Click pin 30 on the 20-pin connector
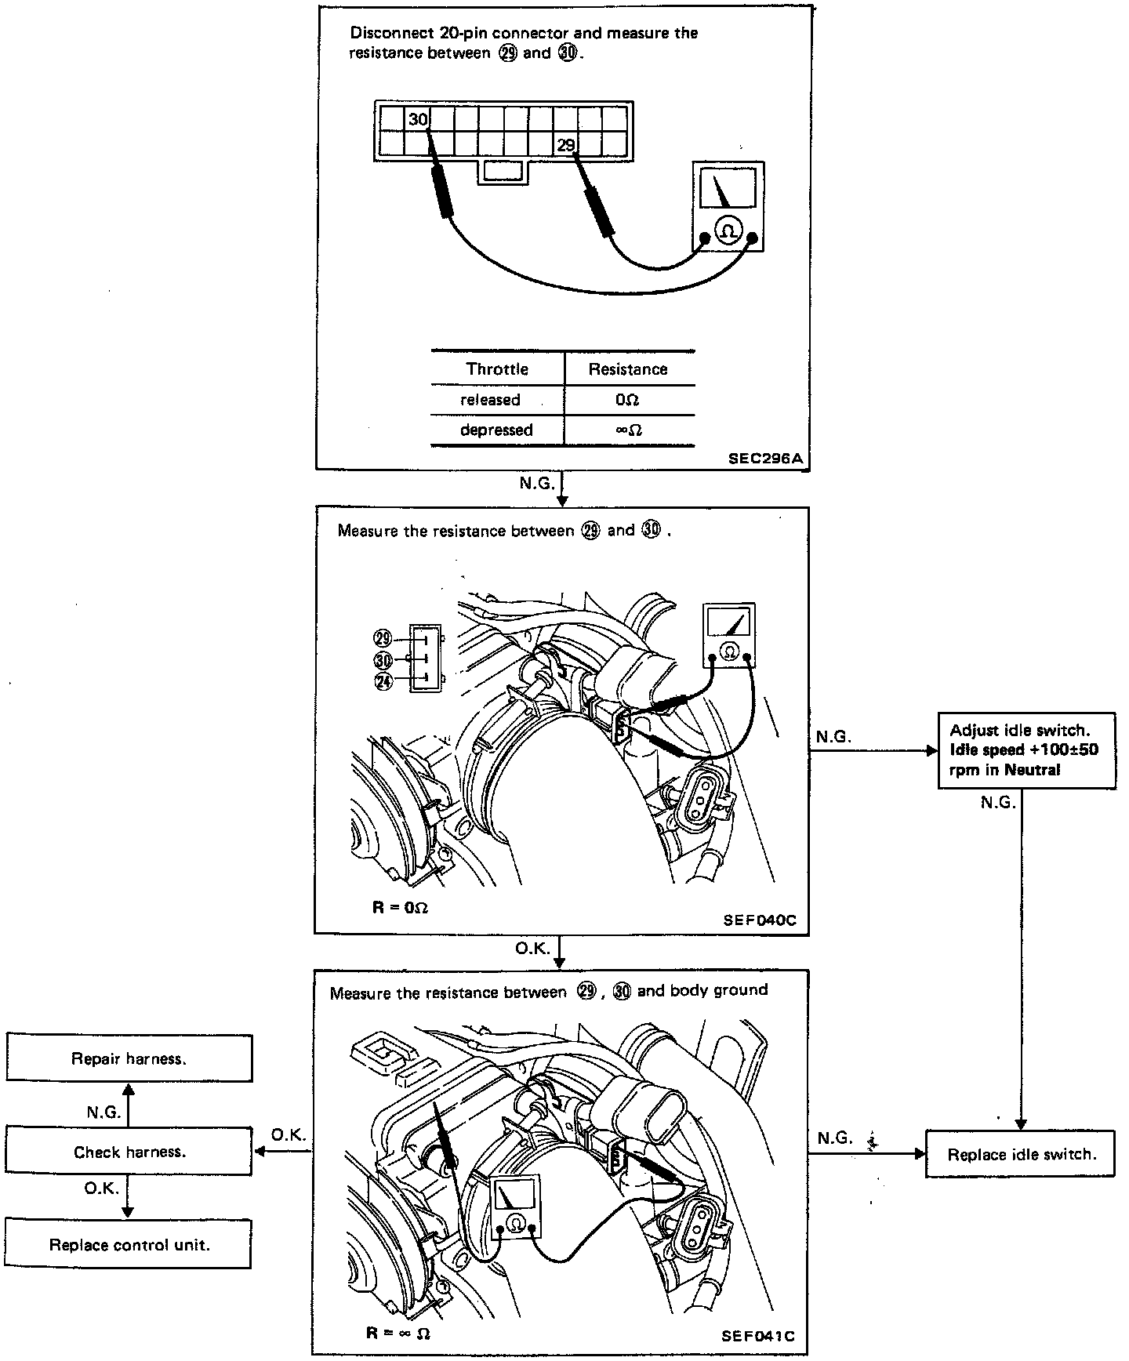pyautogui.click(x=418, y=120)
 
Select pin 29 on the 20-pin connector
pyautogui.click(x=565, y=144)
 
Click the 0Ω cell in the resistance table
pyautogui.click(x=628, y=400)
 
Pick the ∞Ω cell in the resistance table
pyautogui.click(x=628, y=430)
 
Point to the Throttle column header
pyautogui.click(x=497, y=369)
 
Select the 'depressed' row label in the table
pyautogui.click(x=496, y=430)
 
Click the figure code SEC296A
pyautogui.click(x=765, y=459)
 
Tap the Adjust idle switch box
pyautogui.click(x=1026, y=750)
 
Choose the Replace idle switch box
pyautogui.click(x=1021, y=1154)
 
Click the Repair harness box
pyautogui.click(x=129, y=1059)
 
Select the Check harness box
pyautogui.click(x=129, y=1152)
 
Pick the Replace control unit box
pyautogui.click(x=129, y=1245)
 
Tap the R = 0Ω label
pyautogui.click(x=400, y=908)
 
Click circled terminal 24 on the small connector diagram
pyautogui.click(x=383, y=682)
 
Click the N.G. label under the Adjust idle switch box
pyautogui.click(x=998, y=803)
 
